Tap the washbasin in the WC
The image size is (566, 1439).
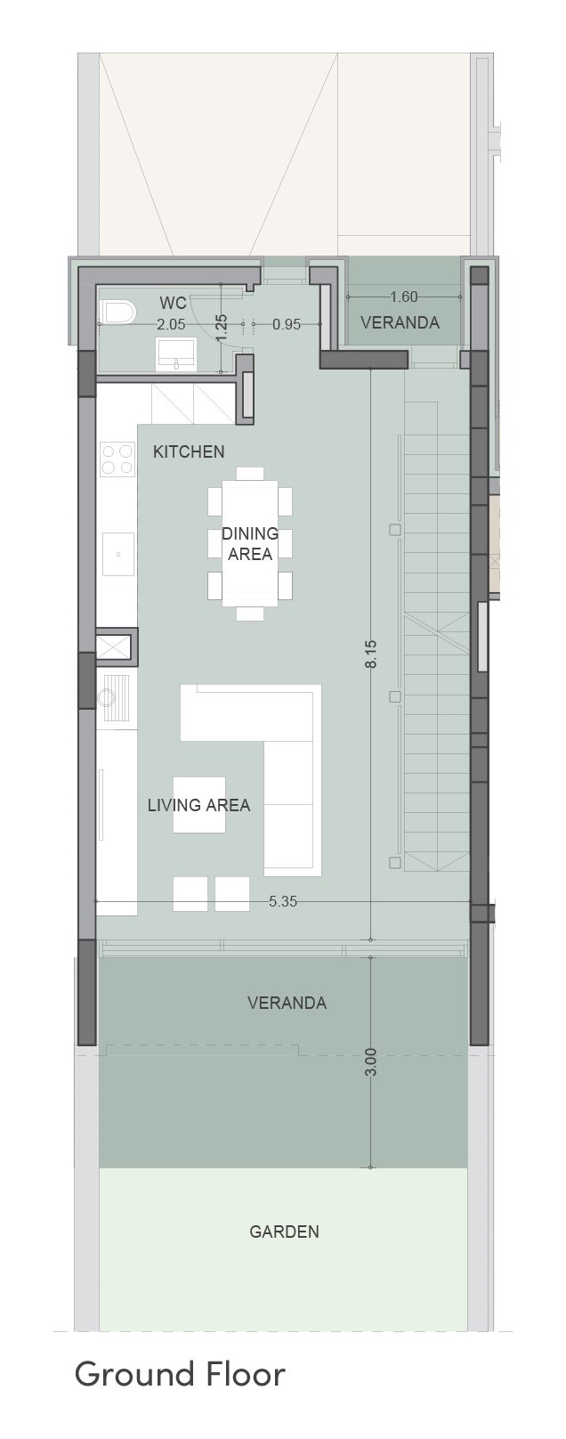coord(175,354)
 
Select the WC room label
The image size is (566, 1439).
coord(173,303)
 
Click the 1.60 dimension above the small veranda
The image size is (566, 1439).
coord(404,297)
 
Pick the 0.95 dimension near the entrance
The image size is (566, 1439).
coord(287,324)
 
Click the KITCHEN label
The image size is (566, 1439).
coord(189,451)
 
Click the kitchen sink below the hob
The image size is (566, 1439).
coord(118,554)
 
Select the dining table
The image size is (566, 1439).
coord(250,543)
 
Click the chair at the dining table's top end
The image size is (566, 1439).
coord(250,474)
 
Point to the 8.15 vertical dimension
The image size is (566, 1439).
coord(372,654)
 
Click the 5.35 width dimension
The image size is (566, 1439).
coord(283,901)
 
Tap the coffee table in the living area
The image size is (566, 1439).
coord(199,805)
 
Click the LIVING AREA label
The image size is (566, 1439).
coord(199,805)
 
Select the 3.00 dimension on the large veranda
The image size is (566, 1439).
coord(374,1061)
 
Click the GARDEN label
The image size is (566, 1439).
coord(284,1232)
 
